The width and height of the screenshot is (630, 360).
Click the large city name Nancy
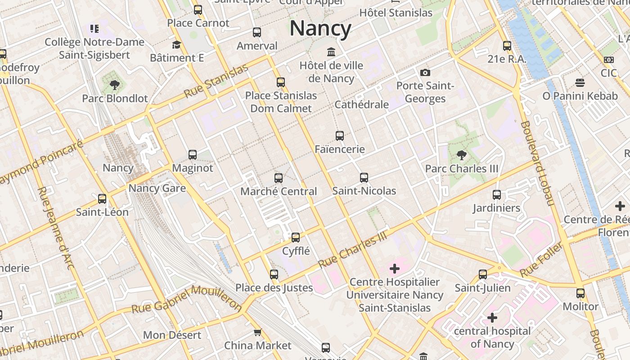coord(320,28)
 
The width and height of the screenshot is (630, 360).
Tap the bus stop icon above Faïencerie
coord(340,135)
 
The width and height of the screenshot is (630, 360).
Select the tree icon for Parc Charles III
coord(461,156)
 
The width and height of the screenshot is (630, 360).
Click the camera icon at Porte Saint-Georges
coord(425,72)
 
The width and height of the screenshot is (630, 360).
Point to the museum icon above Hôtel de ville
coord(332,52)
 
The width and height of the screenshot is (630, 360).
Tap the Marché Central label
coord(279,191)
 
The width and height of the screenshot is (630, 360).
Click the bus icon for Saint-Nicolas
coord(364,178)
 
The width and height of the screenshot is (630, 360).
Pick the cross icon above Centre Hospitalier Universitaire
coord(395,269)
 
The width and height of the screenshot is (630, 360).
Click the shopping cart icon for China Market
coord(257,333)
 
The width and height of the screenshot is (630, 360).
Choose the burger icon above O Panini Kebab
coord(580,83)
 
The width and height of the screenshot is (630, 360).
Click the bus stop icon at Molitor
coord(580,293)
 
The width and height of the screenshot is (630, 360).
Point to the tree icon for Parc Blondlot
coord(115,84)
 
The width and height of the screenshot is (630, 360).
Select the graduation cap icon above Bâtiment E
coord(176,45)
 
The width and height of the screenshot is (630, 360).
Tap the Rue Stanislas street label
coord(216,81)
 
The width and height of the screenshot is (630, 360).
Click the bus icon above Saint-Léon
coord(102,198)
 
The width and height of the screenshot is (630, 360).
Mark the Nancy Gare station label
coord(157,188)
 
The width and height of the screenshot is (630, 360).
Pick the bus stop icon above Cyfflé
coord(296,237)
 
